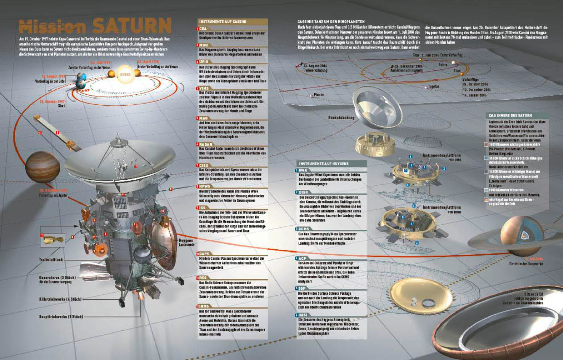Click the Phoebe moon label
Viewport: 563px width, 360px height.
[319, 95]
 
